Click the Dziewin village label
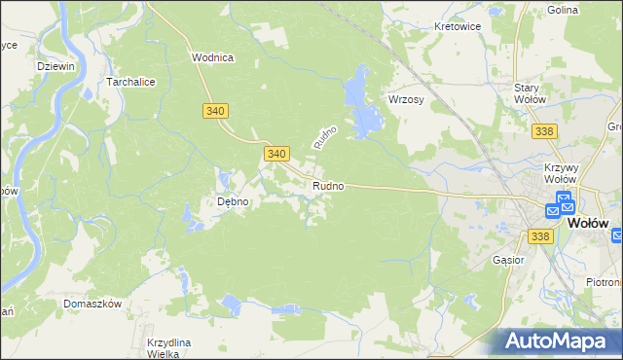(x=55, y=66)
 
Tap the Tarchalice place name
(x=132, y=83)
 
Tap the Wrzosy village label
(x=408, y=100)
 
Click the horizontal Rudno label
(x=328, y=186)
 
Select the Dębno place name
(x=234, y=202)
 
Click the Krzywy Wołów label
(x=562, y=173)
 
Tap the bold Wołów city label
(x=588, y=222)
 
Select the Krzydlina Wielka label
(x=169, y=348)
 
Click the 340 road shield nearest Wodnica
(x=217, y=111)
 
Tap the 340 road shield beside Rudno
(x=276, y=154)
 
